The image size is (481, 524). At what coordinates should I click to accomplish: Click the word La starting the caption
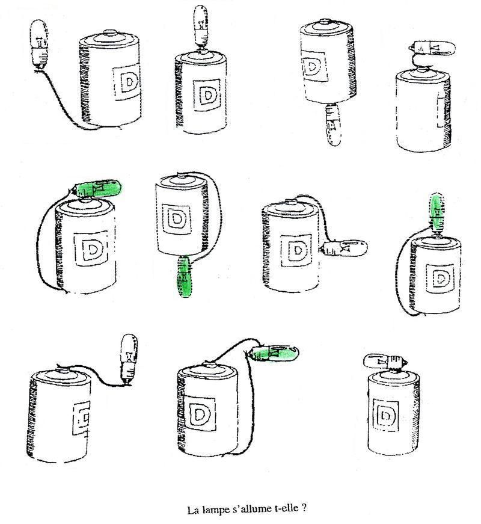click(192, 511)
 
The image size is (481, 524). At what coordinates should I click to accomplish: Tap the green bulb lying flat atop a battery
click(97, 188)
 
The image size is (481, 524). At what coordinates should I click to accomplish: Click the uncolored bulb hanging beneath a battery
click(333, 125)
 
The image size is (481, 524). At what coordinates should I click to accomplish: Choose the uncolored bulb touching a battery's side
click(346, 248)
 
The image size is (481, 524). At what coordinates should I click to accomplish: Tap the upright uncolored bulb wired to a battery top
click(129, 359)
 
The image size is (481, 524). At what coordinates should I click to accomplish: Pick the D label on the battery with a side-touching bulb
click(296, 250)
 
